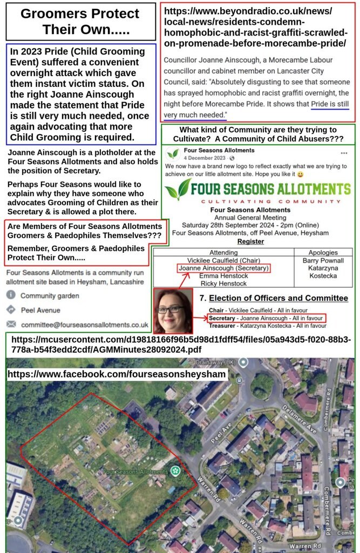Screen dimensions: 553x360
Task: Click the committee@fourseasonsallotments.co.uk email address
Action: (x=85, y=325)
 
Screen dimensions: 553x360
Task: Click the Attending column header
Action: (x=223, y=252)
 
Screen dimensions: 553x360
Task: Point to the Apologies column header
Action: (x=323, y=252)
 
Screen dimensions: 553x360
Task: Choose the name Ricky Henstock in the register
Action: (x=223, y=283)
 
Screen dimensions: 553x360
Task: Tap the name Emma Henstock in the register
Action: (x=223, y=275)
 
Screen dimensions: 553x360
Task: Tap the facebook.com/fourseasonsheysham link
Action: (x=117, y=374)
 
